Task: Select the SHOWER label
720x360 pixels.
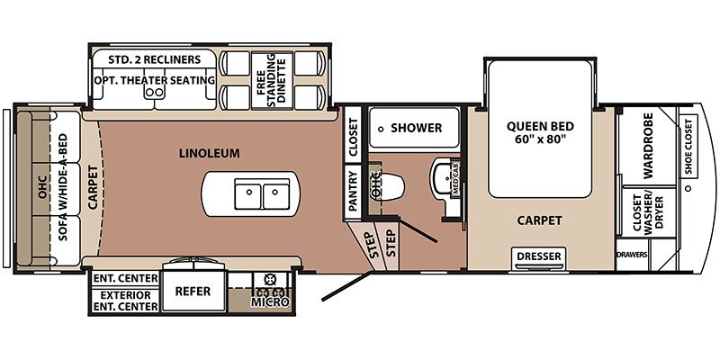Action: [416, 128]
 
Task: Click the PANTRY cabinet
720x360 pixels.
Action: [353, 191]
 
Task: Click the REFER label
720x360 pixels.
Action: [193, 291]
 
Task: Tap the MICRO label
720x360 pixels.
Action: [270, 302]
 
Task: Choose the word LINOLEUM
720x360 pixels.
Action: [209, 153]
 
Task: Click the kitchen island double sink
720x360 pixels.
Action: [262, 193]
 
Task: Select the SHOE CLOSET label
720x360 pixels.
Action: [688, 147]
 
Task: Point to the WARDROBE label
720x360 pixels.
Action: [648, 145]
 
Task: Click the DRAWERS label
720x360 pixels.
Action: [632, 255]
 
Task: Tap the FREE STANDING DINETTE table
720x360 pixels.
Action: [272, 80]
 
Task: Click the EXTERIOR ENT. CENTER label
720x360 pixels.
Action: [126, 301]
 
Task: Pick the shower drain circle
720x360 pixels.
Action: [381, 130]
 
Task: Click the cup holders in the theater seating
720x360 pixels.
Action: [154, 93]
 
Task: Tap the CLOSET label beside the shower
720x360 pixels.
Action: [353, 134]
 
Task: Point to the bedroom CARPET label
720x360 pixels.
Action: [539, 220]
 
